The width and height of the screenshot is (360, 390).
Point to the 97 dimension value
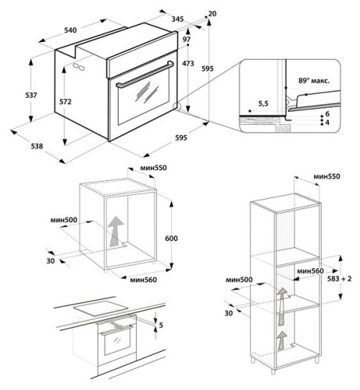[187, 39]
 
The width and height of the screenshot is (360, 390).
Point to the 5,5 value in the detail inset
[263, 102]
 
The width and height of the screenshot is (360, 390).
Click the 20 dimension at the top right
[213, 14]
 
